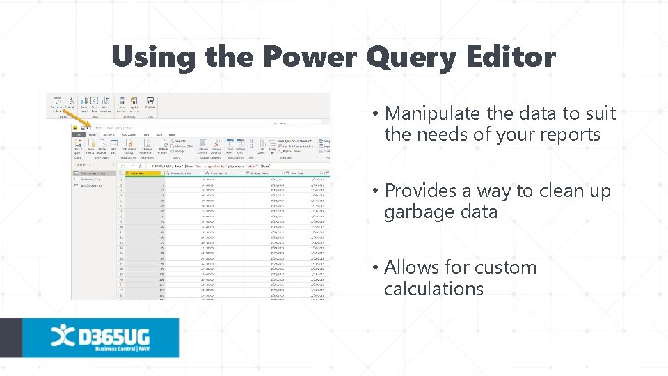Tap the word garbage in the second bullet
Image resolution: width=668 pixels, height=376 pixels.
click(x=417, y=212)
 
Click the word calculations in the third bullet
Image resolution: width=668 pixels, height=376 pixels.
click(x=434, y=288)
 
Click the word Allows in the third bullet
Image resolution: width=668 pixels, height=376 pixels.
click(x=412, y=267)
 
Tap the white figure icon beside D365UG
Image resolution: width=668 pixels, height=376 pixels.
click(x=61, y=334)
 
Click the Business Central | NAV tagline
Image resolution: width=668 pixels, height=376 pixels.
click(x=122, y=348)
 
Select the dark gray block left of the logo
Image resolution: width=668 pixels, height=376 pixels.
click(x=11, y=338)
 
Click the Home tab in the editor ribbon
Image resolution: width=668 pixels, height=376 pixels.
click(x=92, y=134)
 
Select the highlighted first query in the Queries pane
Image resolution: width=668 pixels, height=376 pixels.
click(x=94, y=173)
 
